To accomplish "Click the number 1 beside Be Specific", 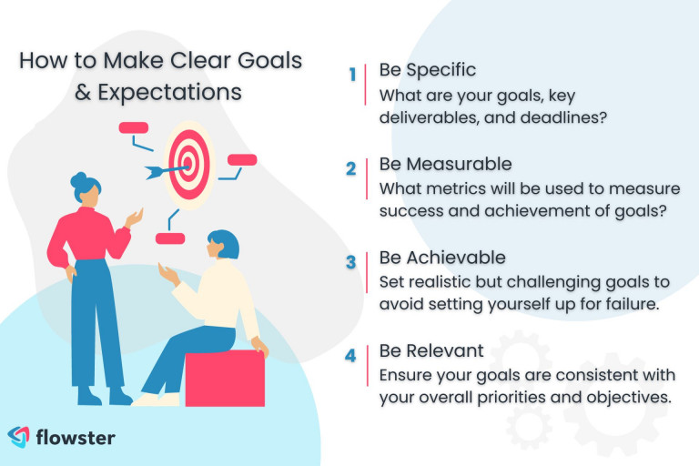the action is (x=352, y=74).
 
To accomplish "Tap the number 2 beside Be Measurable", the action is (x=351, y=168).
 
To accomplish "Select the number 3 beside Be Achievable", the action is (x=351, y=262).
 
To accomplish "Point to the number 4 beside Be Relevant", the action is (x=350, y=355).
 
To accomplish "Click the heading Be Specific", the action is (x=428, y=70).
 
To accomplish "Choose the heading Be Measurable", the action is (x=445, y=164).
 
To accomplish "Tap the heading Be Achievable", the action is (x=442, y=258).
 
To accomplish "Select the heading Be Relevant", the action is (x=431, y=351).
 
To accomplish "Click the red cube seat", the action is (x=225, y=378).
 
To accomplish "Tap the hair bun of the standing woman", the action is (x=79, y=179).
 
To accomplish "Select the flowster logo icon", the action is (x=19, y=437).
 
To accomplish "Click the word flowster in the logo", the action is (x=76, y=438).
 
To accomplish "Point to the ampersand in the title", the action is (x=83, y=92).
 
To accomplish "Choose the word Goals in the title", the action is (x=269, y=61).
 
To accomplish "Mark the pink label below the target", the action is (x=170, y=238).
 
